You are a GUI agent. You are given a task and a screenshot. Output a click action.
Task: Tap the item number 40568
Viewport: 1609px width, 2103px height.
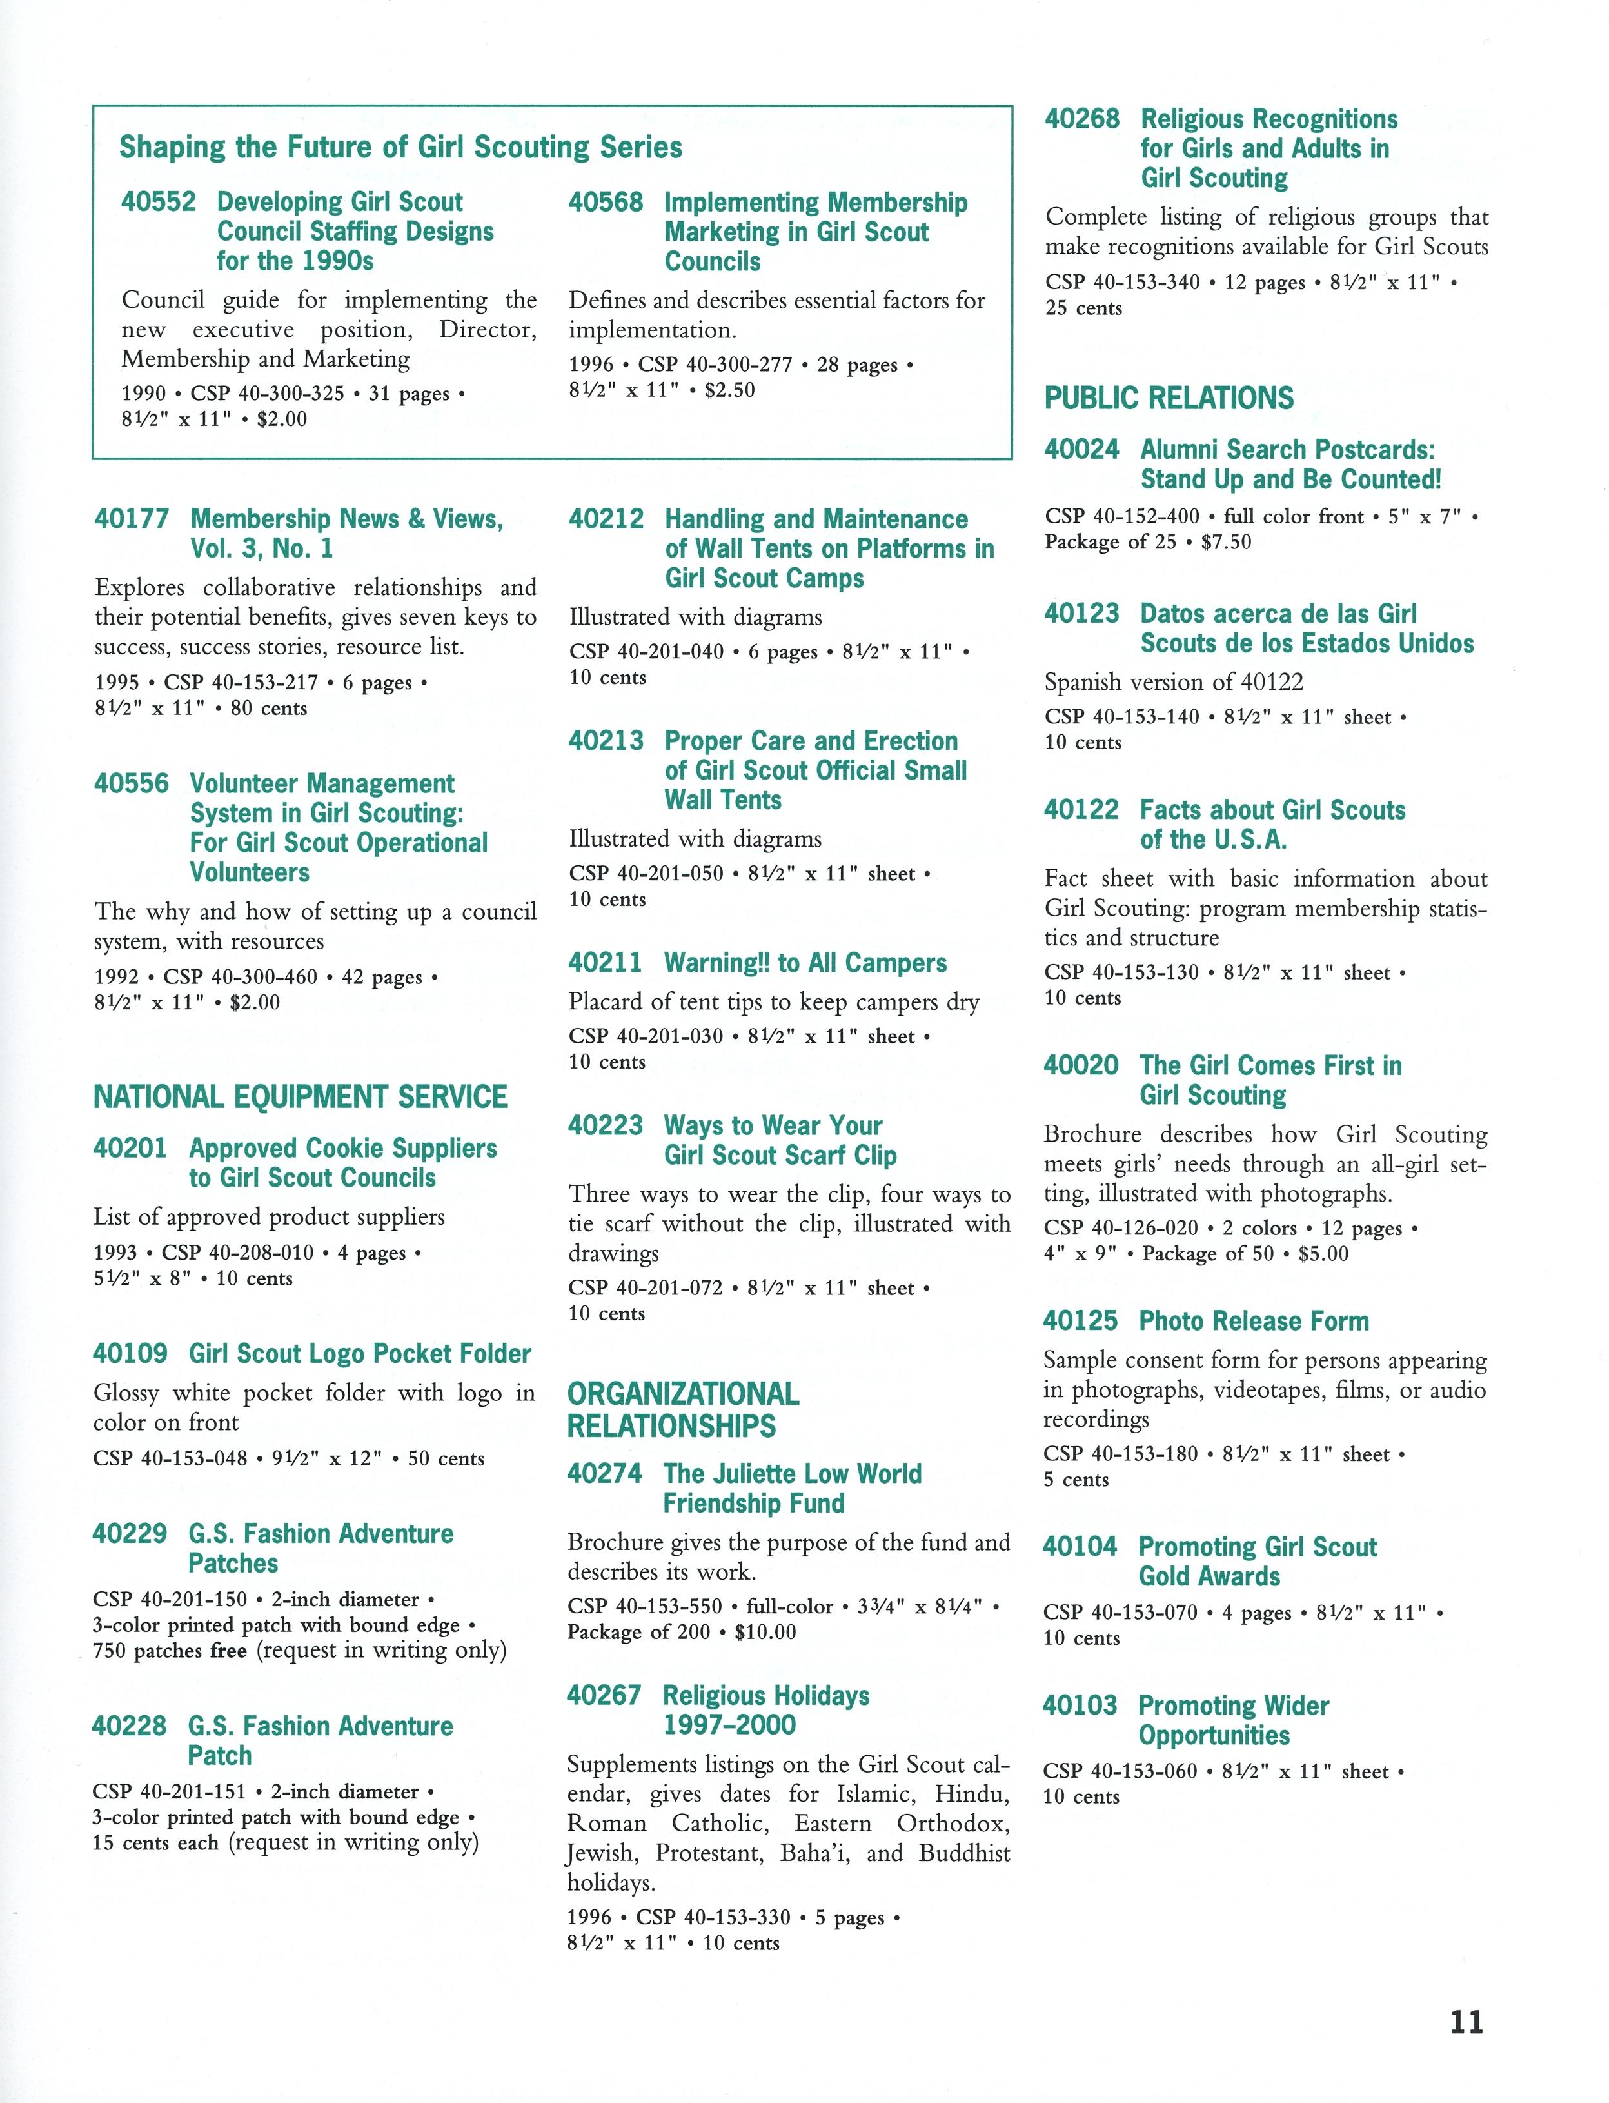[606, 202]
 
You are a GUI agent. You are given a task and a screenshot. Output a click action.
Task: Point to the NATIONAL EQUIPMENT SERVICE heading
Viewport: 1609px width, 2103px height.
[300, 1096]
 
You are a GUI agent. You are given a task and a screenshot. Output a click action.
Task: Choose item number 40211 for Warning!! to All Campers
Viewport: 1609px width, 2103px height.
[606, 963]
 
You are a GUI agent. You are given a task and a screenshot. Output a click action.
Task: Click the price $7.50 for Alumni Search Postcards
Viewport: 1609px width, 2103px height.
[1226, 542]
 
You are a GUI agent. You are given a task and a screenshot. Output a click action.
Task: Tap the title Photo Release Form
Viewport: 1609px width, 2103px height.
[1254, 1321]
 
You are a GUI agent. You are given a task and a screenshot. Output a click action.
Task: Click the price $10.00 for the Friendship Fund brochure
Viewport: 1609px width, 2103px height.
[765, 1632]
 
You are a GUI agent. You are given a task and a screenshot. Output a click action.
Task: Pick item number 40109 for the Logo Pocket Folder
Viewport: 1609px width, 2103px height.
[130, 1354]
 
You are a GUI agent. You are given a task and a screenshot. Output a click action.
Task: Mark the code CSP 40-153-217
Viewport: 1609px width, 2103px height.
[241, 683]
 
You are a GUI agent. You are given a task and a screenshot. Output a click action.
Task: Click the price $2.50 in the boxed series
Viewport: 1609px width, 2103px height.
[730, 390]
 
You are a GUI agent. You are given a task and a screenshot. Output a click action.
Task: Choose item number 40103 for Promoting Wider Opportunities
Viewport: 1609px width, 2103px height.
[1080, 1706]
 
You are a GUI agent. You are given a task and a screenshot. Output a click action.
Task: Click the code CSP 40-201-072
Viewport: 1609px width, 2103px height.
[646, 1287]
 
